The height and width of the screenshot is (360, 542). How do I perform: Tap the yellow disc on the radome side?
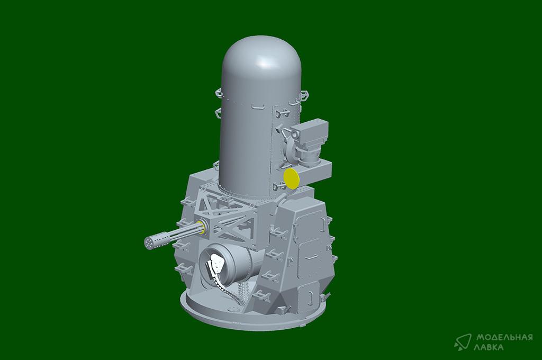291,178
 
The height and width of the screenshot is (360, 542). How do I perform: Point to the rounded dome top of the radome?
261,56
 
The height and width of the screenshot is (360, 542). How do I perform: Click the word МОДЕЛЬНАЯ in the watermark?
504,337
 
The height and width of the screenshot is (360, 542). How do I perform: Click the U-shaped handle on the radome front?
258,106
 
